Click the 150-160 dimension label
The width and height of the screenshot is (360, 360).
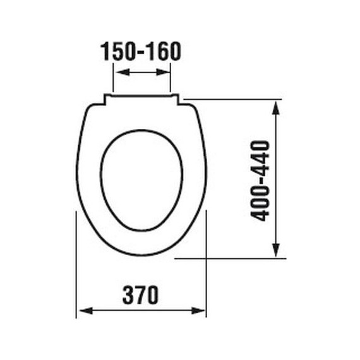[141, 51]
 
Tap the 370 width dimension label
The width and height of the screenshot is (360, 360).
[140, 294]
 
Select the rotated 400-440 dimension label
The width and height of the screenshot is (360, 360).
[260, 181]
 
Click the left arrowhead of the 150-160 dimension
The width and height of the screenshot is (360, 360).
[123, 72]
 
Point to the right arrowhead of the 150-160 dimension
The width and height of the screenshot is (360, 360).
[163, 72]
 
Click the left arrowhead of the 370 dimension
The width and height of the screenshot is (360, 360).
[86, 311]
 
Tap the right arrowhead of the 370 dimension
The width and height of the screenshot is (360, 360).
[198, 311]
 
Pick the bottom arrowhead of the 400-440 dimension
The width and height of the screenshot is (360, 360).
[276, 250]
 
